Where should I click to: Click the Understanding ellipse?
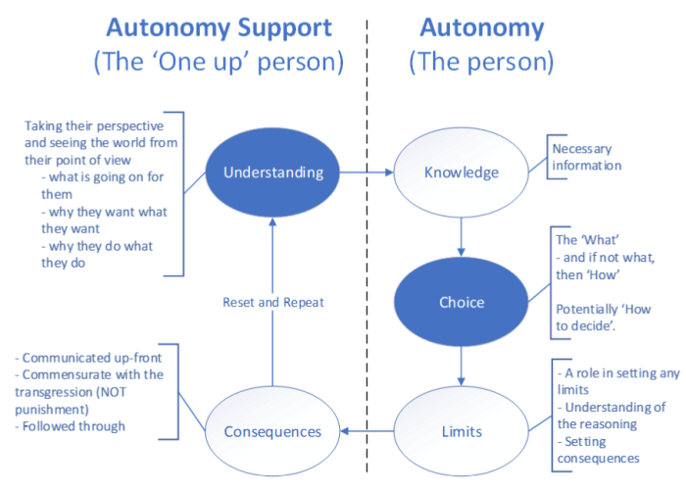click(272, 172)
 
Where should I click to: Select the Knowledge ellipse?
click(461, 172)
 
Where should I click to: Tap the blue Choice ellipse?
click(461, 302)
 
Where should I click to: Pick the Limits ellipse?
click(461, 431)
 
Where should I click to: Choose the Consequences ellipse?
click(272, 431)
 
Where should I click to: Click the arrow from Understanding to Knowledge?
click(365, 172)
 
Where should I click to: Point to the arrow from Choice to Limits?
click(461, 365)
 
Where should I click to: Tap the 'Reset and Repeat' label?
click(273, 303)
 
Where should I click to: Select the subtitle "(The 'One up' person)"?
click(219, 63)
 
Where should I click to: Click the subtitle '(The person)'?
click(480, 63)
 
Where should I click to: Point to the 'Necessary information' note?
click(587, 157)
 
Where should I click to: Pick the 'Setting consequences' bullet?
click(599, 449)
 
